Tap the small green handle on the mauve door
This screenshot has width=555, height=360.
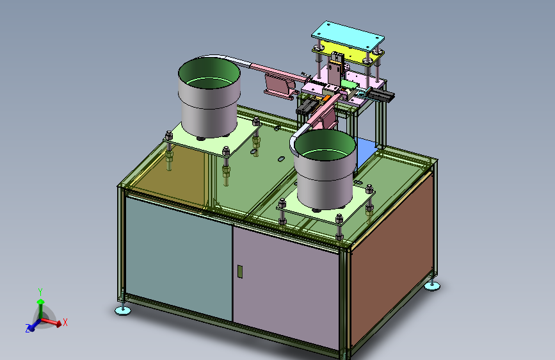point(240,272)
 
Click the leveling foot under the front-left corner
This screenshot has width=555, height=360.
point(123,311)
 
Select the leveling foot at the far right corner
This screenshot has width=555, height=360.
point(432,286)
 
